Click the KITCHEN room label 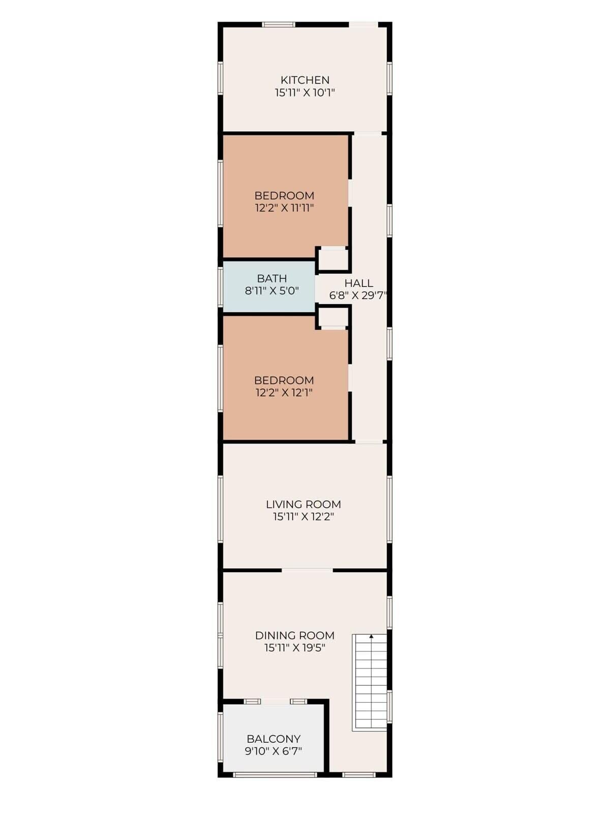tap(305, 80)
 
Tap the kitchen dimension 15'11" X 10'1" tap(305, 93)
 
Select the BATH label tap(272, 278)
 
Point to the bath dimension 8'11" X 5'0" tap(272, 290)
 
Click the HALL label tap(359, 283)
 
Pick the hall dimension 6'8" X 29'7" tap(358, 296)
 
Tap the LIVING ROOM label tap(303, 504)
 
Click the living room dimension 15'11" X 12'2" tap(303, 517)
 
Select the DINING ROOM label tap(295, 635)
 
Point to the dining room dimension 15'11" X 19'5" tap(295, 648)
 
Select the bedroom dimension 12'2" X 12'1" tap(284, 393)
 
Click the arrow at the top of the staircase tap(371, 636)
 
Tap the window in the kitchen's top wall tap(279, 25)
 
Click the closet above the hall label tap(333, 259)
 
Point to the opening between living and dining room tap(307, 570)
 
